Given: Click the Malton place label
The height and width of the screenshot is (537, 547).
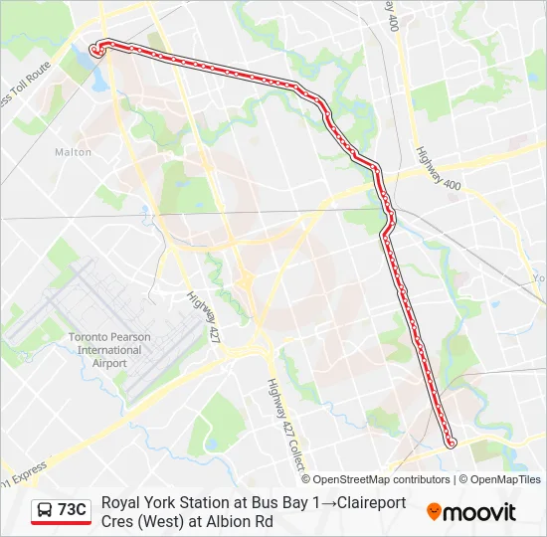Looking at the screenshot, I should pyautogui.click(x=73, y=152).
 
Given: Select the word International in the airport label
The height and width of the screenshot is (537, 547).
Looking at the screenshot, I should pyautogui.click(x=109, y=350).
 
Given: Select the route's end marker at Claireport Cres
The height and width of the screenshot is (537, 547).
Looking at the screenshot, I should pyautogui.click(x=96, y=49).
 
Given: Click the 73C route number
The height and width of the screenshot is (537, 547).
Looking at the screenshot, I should pyautogui.click(x=73, y=510).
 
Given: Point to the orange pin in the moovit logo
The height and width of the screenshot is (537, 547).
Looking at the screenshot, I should pyautogui.click(x=434, y=511).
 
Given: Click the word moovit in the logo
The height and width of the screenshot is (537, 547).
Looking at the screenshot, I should pyautogui.click(x=479, y=512).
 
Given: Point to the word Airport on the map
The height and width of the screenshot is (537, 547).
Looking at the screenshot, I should pyautogui.click(x=109, y=363).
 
